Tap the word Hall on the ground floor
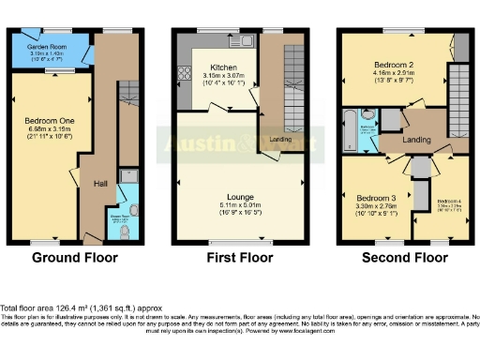pyautogui.click(x=100, y=184)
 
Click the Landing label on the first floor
pyautogui.click(x=278, y=140)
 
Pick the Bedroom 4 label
pyautogui.click(x=448, y=202)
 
